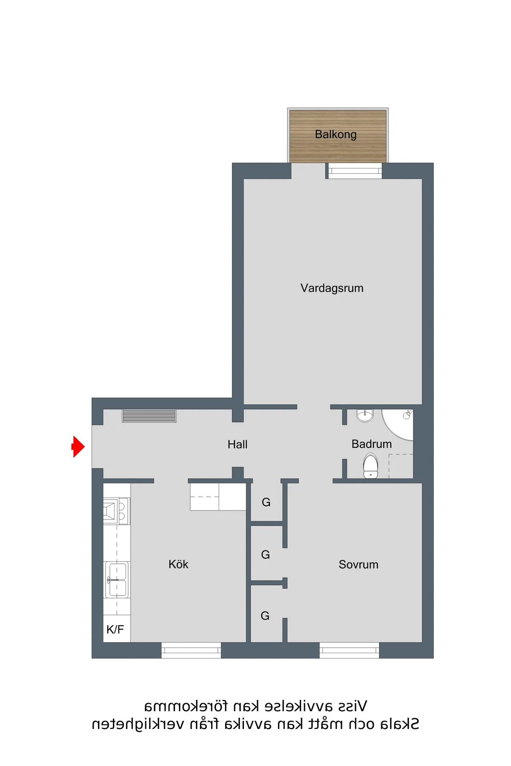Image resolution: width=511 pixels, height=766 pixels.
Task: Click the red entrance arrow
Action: coord(78,447)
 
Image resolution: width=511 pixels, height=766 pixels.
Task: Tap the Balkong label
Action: coord(336,135)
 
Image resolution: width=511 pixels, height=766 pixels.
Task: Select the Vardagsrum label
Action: coord(332,288)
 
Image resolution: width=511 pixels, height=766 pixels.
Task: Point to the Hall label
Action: coord(237,445)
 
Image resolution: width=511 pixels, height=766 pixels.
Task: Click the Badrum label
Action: coord(371,444)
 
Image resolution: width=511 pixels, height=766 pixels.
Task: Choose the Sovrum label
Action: coord(358,565)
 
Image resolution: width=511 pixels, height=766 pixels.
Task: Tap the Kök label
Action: coord(178,564)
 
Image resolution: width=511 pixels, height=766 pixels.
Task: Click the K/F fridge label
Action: coord(115,629)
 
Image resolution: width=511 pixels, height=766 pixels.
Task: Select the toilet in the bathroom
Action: coord(370,466)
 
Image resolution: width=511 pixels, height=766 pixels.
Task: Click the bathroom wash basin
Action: coord(365,415)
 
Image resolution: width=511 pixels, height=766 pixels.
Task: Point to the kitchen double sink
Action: coord(117,580)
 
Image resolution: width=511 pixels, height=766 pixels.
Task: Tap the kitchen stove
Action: coord(116,511)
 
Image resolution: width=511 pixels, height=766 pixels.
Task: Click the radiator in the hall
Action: coord(149,416)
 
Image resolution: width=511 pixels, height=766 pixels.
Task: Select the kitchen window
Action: coord(191,650)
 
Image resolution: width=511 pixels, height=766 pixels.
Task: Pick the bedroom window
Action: coord(349,650)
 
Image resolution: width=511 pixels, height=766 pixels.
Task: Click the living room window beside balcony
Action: coord(354,171)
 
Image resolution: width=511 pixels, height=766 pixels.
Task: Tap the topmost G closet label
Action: coord(266,502)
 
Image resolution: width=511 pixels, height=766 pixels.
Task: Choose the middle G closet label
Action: coord(265,555)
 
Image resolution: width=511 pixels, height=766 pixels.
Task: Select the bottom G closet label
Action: coord(265,616)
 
